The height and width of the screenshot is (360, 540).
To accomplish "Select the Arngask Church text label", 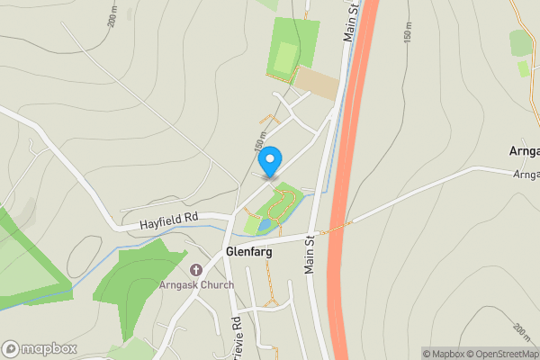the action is pos(196,285).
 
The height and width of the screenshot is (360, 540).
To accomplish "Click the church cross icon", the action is pos(196,270).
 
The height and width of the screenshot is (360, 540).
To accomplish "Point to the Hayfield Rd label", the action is pos(168,220).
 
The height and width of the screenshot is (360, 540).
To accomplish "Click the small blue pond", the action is pos(264,223).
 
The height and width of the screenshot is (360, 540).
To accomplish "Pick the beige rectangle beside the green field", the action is pos(318,82).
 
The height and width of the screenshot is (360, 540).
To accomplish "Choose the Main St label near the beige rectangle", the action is pos(350,20).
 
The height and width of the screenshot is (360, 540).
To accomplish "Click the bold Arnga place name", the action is pos(524,151).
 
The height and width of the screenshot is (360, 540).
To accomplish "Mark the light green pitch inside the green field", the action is pos(285,60).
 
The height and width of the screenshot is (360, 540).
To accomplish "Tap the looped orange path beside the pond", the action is pos(277,207).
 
